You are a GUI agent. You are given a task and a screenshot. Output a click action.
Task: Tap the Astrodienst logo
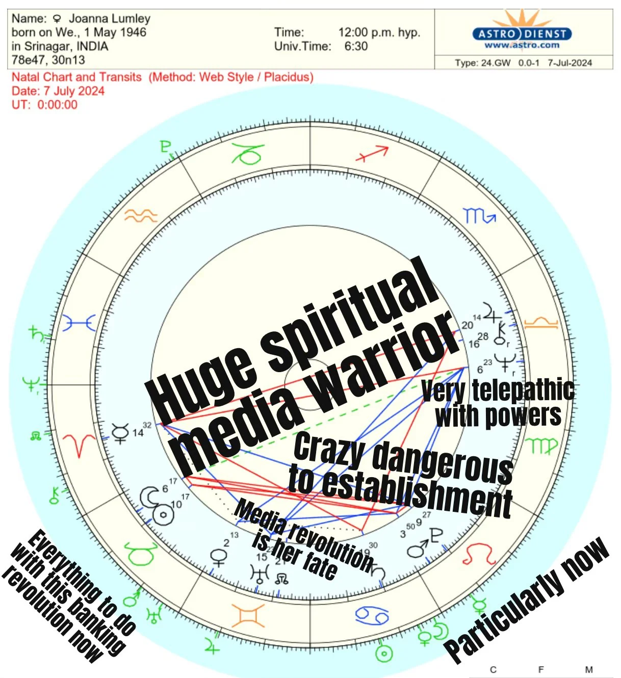pyautogui.click(x=522, y=34)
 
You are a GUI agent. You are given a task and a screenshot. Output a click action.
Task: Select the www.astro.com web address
pyautogui.click(x=522, y=45)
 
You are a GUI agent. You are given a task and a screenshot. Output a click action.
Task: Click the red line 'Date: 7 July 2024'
pyautogui.click(x=58, y=91)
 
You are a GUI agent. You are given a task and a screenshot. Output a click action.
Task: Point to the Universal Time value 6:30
pyautogui.click(x=356, y=46)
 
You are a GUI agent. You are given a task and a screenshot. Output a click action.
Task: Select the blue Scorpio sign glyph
pyautogui.click(x=479, y=216)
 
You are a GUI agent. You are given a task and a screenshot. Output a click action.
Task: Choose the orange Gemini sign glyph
pyautogui.click(x=248, y=615)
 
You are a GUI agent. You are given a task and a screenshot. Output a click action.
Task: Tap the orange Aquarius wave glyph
pyautogui.click(x=141, y=216)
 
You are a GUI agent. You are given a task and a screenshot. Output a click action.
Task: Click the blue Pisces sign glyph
pyautogui.click(x=79, y=323)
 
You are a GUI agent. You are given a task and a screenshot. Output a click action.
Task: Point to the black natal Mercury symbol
pyautogui.click(x=120, y=434)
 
